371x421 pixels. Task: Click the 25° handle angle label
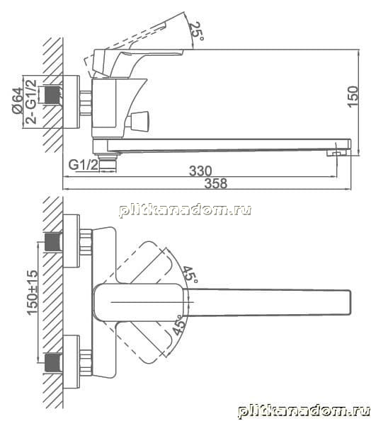pyautogui.click(x=196, y=31)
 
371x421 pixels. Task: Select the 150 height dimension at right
pyautogui.click(x=353, y=97)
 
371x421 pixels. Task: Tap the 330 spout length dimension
pyautogui.click(x=200, y=171)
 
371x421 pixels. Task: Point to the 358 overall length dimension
pyautogui.click(x=216, y=183)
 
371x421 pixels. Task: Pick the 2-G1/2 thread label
pyautogui.click(x=31, y=101)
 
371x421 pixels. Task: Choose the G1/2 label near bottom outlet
pyautogui.click(x=84, y=165)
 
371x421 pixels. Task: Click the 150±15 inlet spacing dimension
pyautogui.click(x=33, y=292)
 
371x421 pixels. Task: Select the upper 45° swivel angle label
pyautogui.click(x=190, y=274)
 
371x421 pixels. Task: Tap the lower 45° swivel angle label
pyautogui.click(x=179, y=325)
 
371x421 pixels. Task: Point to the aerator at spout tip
pyautogui.click(x=338, y=153)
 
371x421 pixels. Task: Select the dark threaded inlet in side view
pyautogui.click(x=50, y=95)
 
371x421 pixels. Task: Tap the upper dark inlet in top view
pyautogui.click(x=53, y=242)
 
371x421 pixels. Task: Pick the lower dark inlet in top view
pyautogui.click(x=53, y=363)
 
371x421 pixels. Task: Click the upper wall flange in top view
pyautogui.click(x=72, y=241)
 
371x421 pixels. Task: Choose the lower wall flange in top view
pyautogui.click(x=72, y=362)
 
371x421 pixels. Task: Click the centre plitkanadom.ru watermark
pyautogui.click(x=185, y=209)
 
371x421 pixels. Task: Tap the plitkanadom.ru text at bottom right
pyautogui.click(x=304, y=411)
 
